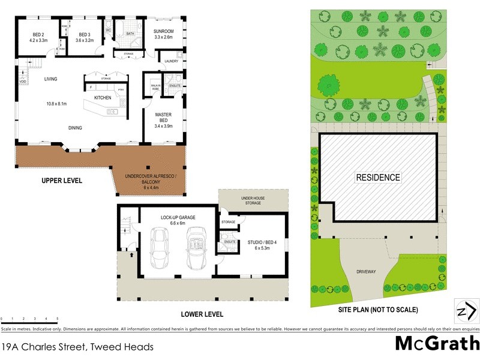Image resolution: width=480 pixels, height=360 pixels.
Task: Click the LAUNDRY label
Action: tap(170, 61)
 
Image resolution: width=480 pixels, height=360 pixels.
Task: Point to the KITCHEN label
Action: tap(103, 97)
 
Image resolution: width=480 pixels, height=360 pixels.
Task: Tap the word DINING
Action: tap(75, 127)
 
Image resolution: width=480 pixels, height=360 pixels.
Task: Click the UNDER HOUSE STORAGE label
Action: tap(253, 200)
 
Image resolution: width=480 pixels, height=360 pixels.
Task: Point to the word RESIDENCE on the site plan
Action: tap(378, 177)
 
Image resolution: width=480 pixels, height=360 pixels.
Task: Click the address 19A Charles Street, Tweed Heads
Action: tap(77, 347)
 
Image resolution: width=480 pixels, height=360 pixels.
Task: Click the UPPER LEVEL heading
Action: tap(61, 181)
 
